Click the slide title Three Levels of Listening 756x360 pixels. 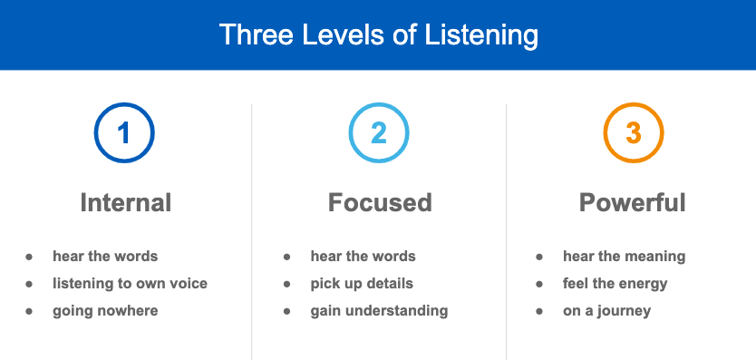pyautogui.click(x=379, y=34)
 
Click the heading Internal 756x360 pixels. pyautogui.click(x=126, y=202)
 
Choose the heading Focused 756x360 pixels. pyautogui.click(x=380, y=202)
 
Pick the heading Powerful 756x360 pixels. pyautogui.click(x=632, y=202)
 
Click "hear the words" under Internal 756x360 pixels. pyautogui.click(x=105, y=256)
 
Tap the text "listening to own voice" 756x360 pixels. pyautogui.click(x=131, y=283)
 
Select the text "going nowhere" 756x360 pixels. pyautogui.click(x=105, y=311)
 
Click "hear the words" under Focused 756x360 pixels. pyautogui.click(x=363, y=256)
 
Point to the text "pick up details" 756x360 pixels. pyautogui.click(x=362, y=283)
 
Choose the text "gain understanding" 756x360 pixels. pyautogui.click(x=380, y=311)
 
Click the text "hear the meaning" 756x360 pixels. pyautogui.click(x=624, y=257)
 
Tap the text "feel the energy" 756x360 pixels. pyautogui.click(x=615, y=284)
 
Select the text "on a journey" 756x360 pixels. pyautogui.click(x=607, y=311)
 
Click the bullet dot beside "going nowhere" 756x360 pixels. pyautogui.click(x=29, y=311)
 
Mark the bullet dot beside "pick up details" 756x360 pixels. pyautogui.click(x=286, y=284)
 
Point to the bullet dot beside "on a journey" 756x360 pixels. pyautogui.click(x=539, y=311)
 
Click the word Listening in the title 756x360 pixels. pyautogui.click(x=481, y=35)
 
